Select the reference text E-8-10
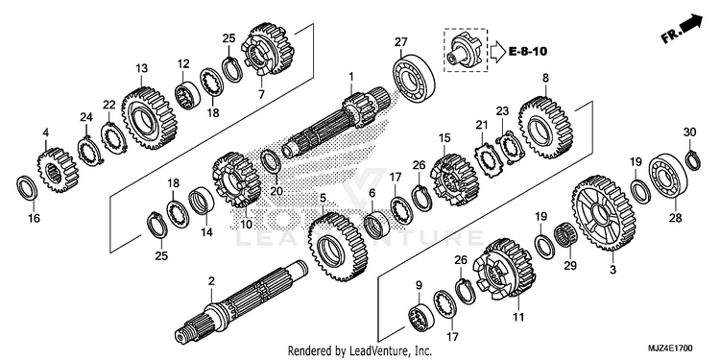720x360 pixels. [528, 51]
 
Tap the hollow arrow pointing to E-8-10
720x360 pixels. [497, 52]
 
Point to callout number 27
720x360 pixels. [400, 42]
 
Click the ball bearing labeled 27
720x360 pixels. [414, 78]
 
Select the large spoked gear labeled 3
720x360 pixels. [604, 212]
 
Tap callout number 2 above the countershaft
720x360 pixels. [211, 281]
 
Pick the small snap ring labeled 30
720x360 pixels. [693, 159]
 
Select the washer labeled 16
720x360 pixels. [27, 188]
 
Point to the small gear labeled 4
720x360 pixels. [58, 169]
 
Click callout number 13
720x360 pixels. [142, 69]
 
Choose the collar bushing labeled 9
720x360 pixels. [420, 317]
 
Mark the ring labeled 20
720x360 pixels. [271, 161]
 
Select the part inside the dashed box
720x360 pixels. [465, 50]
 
